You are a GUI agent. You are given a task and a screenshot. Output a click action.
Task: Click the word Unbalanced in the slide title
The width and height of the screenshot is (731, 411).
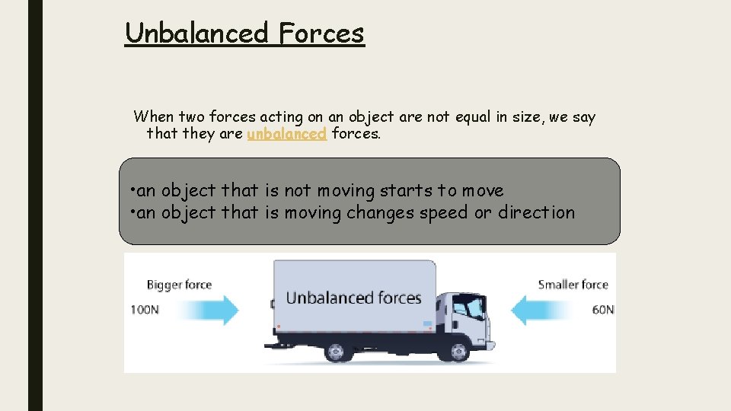click(196, 33)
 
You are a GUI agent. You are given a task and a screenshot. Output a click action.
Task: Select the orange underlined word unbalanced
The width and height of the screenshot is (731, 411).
click(287, 134)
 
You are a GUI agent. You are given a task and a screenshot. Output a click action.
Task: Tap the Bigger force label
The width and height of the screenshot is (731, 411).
click(179, 285)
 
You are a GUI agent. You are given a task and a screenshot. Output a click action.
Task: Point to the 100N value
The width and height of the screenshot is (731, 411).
click(145, 311)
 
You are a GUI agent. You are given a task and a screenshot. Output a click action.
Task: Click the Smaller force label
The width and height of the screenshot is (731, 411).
click(573, 285)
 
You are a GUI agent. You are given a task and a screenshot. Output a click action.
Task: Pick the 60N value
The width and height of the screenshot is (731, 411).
click(602, 311)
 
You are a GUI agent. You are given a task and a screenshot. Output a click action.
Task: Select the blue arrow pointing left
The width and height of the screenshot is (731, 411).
click(541, 310)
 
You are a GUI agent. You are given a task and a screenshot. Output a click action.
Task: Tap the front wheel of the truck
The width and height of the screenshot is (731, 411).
click(458, 352)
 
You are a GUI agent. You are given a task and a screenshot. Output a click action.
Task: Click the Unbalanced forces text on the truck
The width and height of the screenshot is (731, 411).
click(353, 298)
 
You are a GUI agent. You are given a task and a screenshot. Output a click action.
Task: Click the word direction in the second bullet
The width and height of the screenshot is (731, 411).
click(536, 212)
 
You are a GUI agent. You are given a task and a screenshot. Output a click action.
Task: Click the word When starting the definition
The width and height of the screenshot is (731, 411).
click(154, 117)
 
